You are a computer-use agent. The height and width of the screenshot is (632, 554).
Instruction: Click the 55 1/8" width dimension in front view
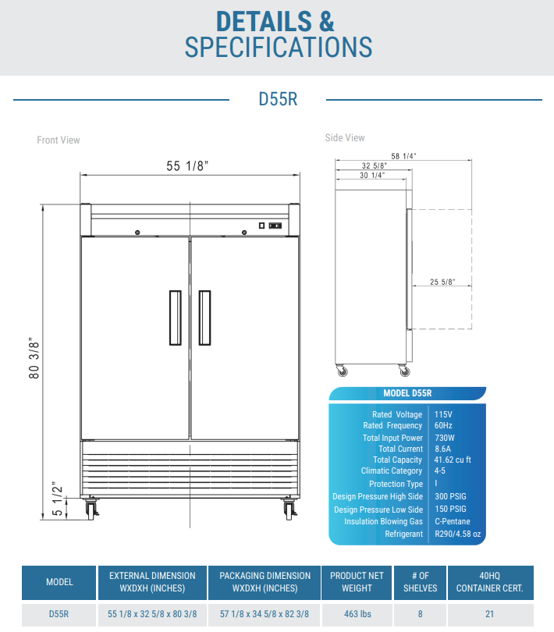[x=187, y=165]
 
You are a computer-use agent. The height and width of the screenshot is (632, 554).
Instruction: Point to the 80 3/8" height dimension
[x=34, y=359]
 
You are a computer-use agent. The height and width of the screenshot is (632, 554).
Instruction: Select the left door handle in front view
[x=176, y=318]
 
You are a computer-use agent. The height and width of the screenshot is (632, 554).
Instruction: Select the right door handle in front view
[x=204, y=318]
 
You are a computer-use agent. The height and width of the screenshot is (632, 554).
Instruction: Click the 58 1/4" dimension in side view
[x=404, y=156]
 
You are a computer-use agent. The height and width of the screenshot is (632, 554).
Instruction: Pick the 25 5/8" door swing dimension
[x=442, y=282]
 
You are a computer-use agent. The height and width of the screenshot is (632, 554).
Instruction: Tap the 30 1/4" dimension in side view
[x=372, y=176]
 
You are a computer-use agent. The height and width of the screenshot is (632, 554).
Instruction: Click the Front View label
[x=59, y=140]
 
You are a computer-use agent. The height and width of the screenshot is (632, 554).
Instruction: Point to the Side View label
[x=345, y=138]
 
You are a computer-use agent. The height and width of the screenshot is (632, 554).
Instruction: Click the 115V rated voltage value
[x=443, y=414]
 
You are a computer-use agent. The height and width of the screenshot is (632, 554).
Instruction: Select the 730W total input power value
[x=446, y=438]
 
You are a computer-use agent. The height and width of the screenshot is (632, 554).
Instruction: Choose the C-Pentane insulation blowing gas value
[x=453, y=522]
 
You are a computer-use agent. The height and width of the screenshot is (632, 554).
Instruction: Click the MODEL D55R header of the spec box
[x=407, y=393]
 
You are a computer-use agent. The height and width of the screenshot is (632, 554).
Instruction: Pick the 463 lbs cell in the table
[x=357, y=614]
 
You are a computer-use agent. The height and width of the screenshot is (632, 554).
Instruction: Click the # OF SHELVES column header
[x=420, y=582]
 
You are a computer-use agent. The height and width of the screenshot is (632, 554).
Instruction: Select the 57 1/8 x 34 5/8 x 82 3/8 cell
[x=265, y=614]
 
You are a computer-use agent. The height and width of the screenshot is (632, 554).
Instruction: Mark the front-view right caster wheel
[x=290, y=511]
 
